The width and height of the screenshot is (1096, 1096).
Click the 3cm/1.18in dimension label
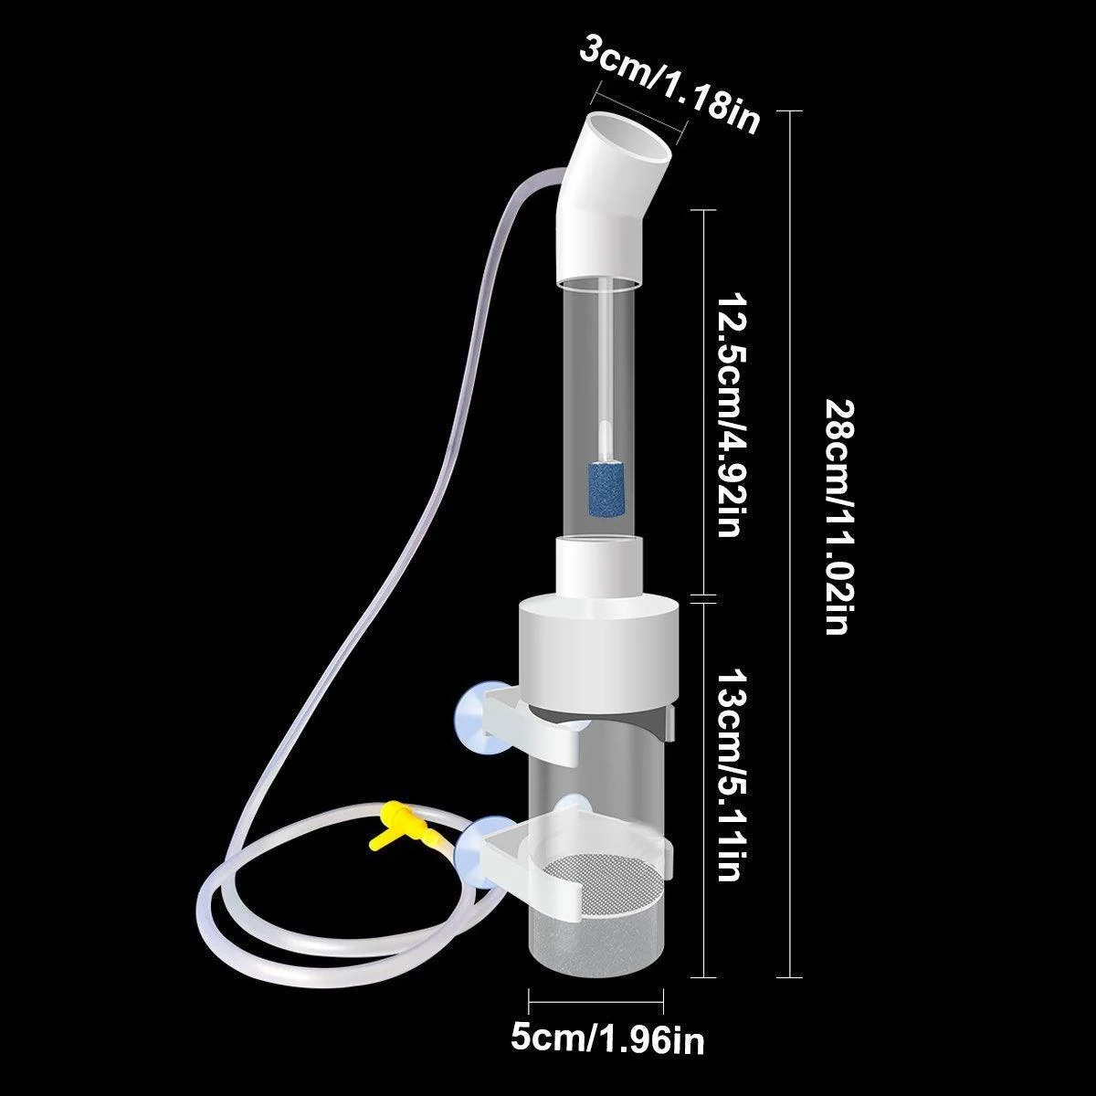(670, 90)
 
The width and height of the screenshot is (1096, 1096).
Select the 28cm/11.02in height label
(838, 516)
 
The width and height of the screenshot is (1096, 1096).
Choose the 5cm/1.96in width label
(606, 1038)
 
